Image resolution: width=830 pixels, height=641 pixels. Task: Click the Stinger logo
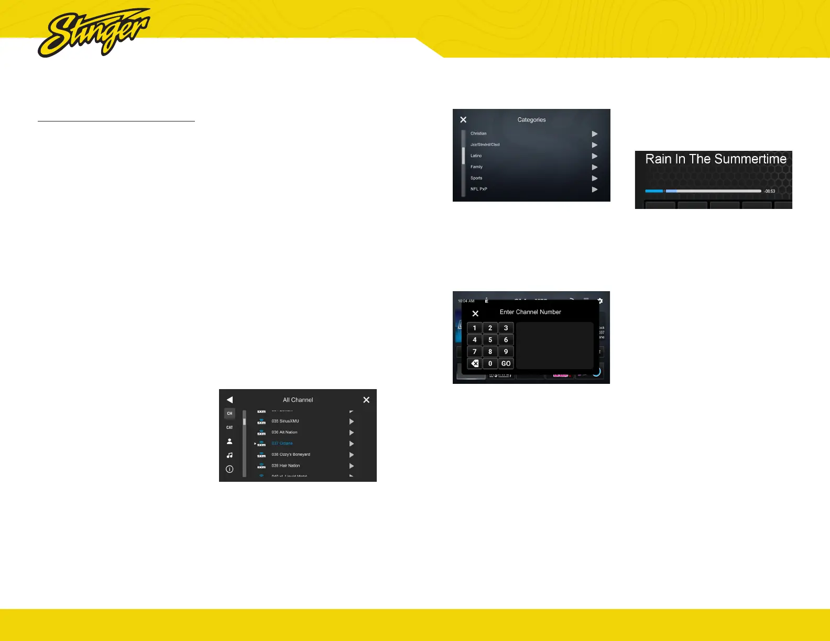[93, 32]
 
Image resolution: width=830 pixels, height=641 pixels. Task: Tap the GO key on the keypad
[506, 363]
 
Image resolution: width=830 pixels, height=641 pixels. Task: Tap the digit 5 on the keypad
[490, 340]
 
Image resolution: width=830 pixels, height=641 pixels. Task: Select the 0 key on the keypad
[490, 363]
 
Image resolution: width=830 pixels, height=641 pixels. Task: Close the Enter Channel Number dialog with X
[475, 314]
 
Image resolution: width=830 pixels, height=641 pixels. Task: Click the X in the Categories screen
[463, 120]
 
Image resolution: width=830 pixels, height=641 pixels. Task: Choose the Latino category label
[476, 156]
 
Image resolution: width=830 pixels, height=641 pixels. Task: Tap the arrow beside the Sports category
[595, 179]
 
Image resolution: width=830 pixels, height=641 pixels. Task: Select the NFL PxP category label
[478, 189]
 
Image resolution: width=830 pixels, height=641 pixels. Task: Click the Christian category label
[478, 134]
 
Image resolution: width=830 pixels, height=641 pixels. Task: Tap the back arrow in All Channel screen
[230, 400]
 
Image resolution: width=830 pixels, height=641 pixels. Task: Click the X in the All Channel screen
[366, 400]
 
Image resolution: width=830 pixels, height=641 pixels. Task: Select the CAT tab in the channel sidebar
[230, 427]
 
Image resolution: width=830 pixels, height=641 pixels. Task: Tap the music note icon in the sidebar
[230, 456]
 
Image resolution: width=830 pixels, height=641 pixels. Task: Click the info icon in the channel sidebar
[230, 469]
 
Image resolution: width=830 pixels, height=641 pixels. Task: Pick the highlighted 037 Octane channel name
[282, 444]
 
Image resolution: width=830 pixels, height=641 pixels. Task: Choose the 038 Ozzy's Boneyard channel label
[291, 455]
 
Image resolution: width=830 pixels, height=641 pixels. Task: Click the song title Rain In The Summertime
[716, 159]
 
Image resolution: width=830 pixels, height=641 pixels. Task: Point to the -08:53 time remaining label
[769, 191]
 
